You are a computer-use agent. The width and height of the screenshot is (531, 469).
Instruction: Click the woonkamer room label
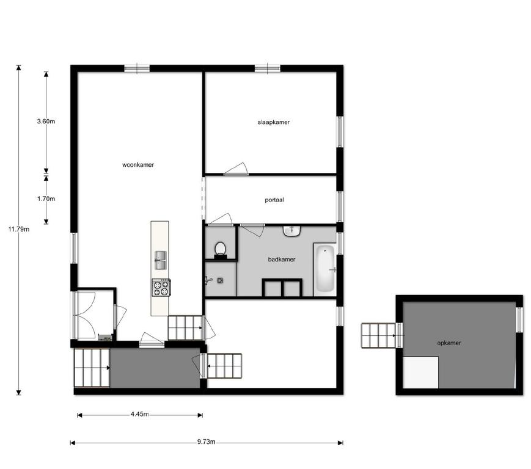[138, 165]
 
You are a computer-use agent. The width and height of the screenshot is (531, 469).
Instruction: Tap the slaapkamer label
[274, 122]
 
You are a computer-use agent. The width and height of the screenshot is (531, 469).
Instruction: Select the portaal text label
[274, 200]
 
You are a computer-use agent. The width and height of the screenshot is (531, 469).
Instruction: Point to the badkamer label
[282, 260]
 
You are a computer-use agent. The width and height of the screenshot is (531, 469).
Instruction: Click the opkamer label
[449, 343]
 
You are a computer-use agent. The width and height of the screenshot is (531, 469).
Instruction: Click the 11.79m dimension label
[19, 229]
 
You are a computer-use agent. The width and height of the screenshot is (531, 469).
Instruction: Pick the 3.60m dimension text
[46, 121]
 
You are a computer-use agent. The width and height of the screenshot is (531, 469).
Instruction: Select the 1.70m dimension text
[46, 198]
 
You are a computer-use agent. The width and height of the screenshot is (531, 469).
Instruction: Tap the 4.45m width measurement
[139, 414]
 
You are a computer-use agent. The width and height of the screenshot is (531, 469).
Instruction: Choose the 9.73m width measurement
[207, 442]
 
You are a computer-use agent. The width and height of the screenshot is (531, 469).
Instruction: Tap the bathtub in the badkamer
[325, 269]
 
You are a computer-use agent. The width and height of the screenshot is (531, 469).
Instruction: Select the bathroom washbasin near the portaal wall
[292, 231]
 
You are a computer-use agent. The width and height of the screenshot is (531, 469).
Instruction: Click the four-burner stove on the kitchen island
[161, 288]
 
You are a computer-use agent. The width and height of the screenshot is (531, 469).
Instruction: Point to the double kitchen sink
[161, 260]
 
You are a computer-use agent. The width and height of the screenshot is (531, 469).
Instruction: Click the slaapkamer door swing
[236, 169]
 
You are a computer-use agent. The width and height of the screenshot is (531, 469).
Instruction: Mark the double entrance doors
[85, 314]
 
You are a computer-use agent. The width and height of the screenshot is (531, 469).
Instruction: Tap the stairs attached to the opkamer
[379, 336]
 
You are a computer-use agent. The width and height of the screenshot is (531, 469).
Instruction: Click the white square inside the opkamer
[421, 373]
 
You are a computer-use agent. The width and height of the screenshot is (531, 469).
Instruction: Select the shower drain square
[220, 280]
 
